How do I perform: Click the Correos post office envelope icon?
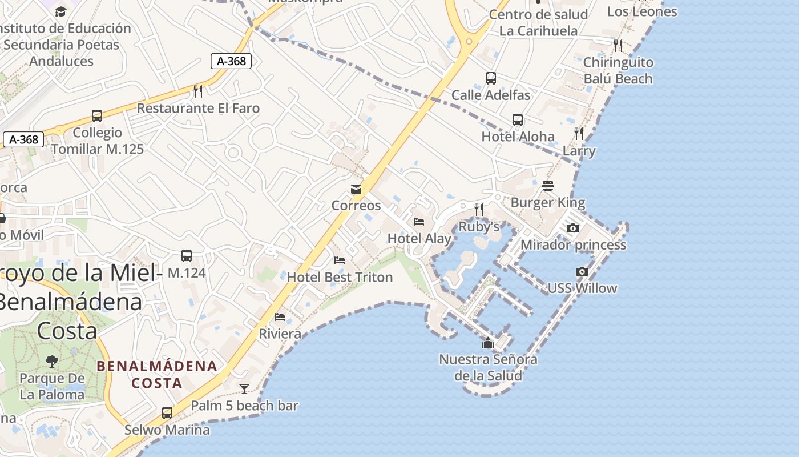[356, 189]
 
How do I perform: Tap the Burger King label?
[547, 202]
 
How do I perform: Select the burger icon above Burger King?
[548, 186]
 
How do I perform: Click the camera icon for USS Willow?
[582, 272]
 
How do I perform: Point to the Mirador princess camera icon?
[573, 228]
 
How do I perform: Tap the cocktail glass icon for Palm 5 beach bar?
[244, 389]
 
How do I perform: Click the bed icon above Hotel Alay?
[419, 222]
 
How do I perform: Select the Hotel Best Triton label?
[340, 277]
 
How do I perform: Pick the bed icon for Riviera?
[280, 317]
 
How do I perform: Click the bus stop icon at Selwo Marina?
[167, 412]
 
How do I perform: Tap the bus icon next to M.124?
[187, 256]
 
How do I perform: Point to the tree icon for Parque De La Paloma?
[52, 361]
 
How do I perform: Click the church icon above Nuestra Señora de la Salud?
[488, 343]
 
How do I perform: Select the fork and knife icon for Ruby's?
[479, 210]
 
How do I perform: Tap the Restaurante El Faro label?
[198, 108]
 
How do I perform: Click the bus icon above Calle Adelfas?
[491, 78]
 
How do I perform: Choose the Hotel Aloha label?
[518, 136]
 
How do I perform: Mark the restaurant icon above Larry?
[579, 134]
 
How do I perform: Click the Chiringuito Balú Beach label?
[618, 70]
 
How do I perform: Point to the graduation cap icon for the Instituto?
[60, 11]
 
